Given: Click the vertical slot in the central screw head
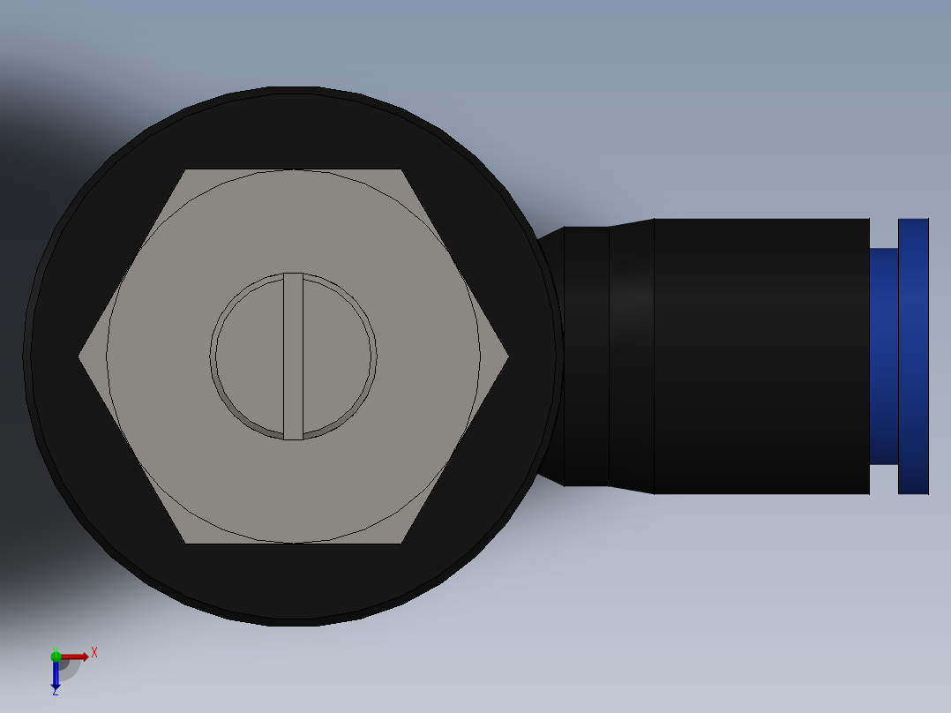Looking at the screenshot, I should pos(293,356).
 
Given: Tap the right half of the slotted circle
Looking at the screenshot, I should pos(339,356).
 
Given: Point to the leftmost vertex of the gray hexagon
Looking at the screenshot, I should pos(80,356).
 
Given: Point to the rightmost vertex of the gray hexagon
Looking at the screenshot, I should pos(507,356).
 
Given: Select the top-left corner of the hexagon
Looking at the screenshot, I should pos(186,171).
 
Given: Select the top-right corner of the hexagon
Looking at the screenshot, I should pos(401,171).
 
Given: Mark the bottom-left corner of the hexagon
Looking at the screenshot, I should pos(186,542).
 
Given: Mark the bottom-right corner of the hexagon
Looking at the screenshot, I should pos(401,542).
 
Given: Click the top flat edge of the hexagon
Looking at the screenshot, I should pos(294,170).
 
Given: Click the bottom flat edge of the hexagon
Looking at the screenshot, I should pos(294,543).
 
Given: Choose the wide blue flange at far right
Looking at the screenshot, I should pos(913,356).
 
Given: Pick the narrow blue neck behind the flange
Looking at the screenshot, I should pos(883,356).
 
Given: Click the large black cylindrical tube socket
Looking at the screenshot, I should pos(760,356).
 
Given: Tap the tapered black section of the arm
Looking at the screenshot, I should pos(631,356).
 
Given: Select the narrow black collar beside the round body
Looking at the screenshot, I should pos(586,356).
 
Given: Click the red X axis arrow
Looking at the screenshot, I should pos(75,657).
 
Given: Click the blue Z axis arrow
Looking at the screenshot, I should pos(56,676).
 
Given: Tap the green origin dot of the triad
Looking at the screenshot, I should pos(56,656).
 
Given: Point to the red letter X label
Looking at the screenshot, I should pos(94,653).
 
